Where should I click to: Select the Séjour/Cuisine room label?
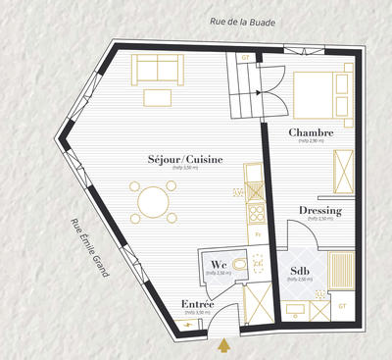pyautogui.click(x=184, y=159)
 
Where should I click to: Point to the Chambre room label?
pyautogui.click(x=311, y=132)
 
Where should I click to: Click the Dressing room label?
pyautogui.click(x=320, y=211)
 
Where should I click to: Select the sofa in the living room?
pyautogui.click(x=156, y=69)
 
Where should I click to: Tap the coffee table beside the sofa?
pyautogui.click(x=156, y=96)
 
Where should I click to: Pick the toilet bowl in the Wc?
pyautogui.click(x=256, y=263)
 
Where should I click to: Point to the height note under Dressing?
pyautogui.click(x=320, y=220)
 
